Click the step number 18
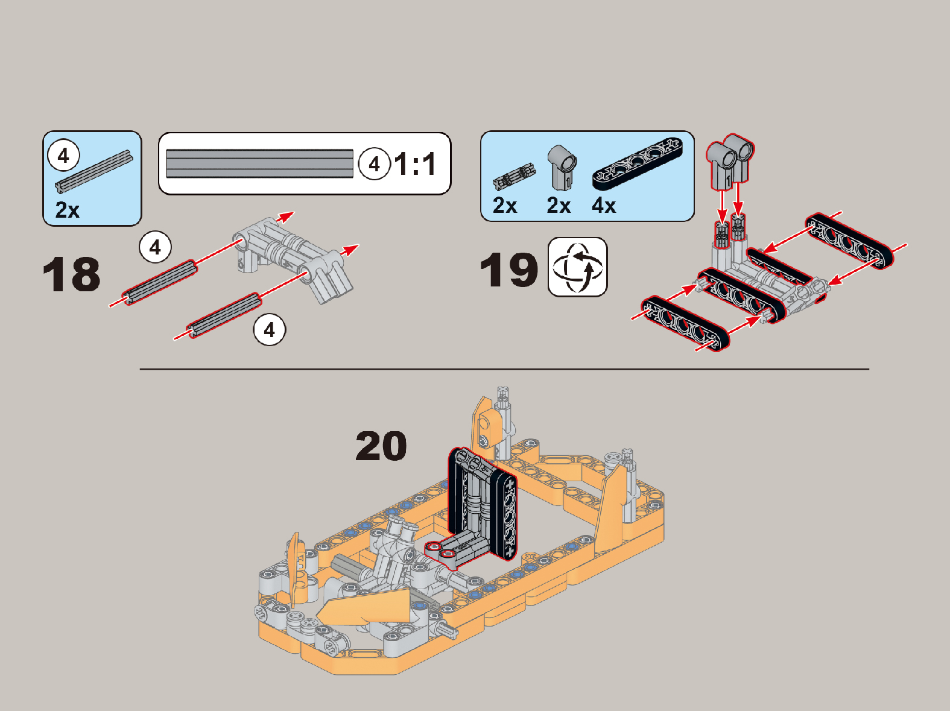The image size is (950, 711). (x=71, y=274)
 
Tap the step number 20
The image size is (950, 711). (x=381, y=446)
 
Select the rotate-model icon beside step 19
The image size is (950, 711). (x=578, y=267)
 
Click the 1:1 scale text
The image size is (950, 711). (x=415, y=164)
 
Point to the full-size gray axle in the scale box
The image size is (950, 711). (x=260, y=163)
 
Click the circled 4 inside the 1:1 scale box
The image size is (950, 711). (x=374, y=163)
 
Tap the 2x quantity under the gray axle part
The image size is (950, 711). (x=68, y=210)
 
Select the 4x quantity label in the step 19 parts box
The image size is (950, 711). (x=604, y=205)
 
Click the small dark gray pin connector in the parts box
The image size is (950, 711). (x=514, y=177)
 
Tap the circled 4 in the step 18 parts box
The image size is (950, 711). (x=63, y=155)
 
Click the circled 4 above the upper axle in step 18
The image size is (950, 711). (x=156, y=247)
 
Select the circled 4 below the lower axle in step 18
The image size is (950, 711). (x=269, y=330)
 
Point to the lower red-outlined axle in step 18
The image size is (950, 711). (x=224, y=315)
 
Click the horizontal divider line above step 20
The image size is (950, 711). (x=504, y=369)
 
